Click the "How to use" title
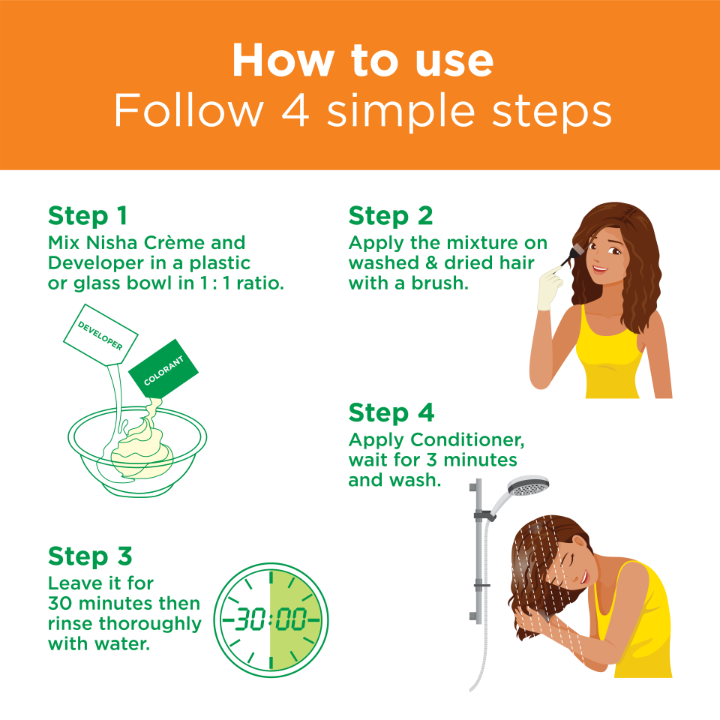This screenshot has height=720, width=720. pyautogui.click(x=363, y=60)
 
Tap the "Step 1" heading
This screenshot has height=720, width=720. pyautogui.click(x=87, y=216)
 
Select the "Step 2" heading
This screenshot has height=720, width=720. pyautogui.click(x=391, y=216)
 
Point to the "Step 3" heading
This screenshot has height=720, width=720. pyautogui.click(x=90, y=556)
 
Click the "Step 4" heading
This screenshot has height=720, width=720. pyautogui.click(x=391, y=412)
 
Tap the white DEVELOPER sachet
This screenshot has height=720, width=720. pyautogui.click(x=100, y=335)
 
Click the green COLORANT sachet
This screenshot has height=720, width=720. pyautogui.click(x=163, y=369)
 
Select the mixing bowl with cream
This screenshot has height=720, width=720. pyautogui.click(x=137, y=451)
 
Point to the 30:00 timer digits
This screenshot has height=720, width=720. pyautogui.click(x=271, y=619)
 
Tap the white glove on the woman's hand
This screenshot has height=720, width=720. pyautogui.click(x=550, y=288)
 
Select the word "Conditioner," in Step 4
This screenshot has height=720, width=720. pyautogui.click(x=467, y=440)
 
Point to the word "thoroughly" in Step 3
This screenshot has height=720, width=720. pyautogui.click(x=150, y=624)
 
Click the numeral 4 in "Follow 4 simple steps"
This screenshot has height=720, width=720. pyautogui.click(x=295, y=111)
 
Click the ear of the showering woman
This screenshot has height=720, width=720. pyautogui.click(x=580, y=541)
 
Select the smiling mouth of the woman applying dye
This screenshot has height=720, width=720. pyautogui.click(x=600, y=268)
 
